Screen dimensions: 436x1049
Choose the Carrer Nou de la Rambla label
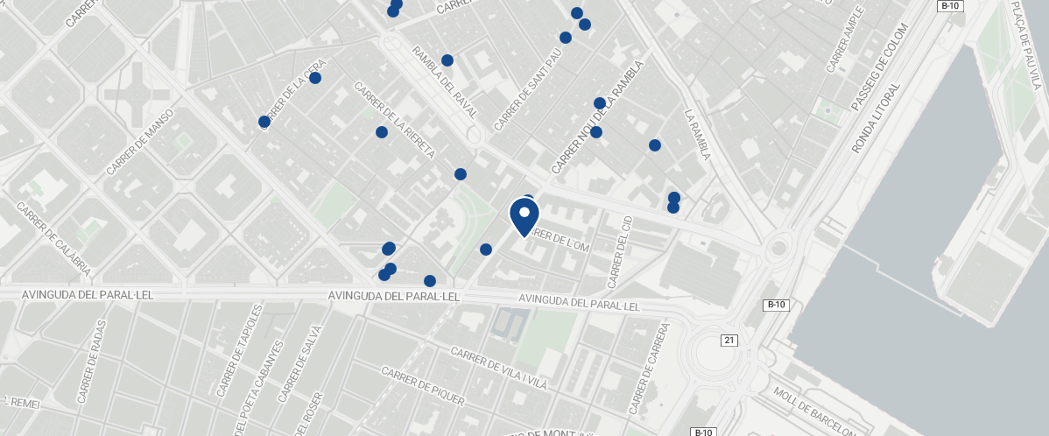coord(597,116)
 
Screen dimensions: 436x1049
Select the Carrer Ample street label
coord(845,39)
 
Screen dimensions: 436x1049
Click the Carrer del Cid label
coord(620,251)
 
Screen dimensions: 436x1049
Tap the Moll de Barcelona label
coord(814,411)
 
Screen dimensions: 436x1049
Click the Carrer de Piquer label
coord(422,387)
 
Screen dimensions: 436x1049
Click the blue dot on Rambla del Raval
coord(447,60)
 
